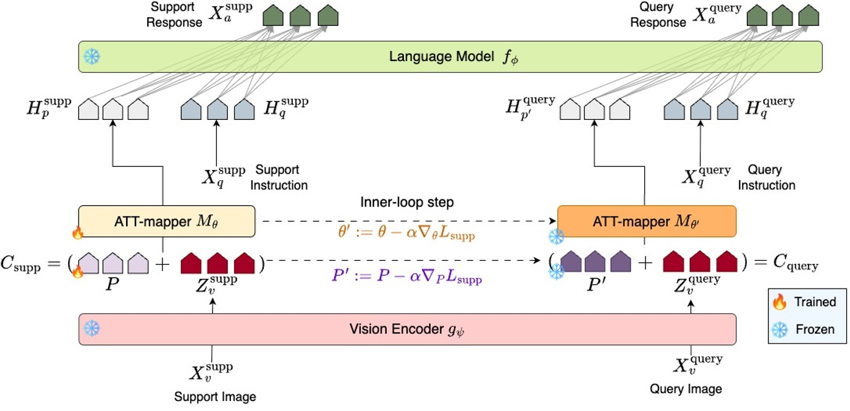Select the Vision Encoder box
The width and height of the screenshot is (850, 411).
[x=407, y=329]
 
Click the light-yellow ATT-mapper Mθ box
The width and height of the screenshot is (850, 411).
[x=166, y=221]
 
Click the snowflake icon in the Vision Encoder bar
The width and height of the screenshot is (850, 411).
[x=92, y=329]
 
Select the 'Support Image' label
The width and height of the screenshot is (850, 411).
[x=214, y=396]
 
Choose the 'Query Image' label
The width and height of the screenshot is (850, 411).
[x=686, y=389]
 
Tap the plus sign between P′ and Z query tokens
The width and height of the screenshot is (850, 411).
[x=646, y=263]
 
